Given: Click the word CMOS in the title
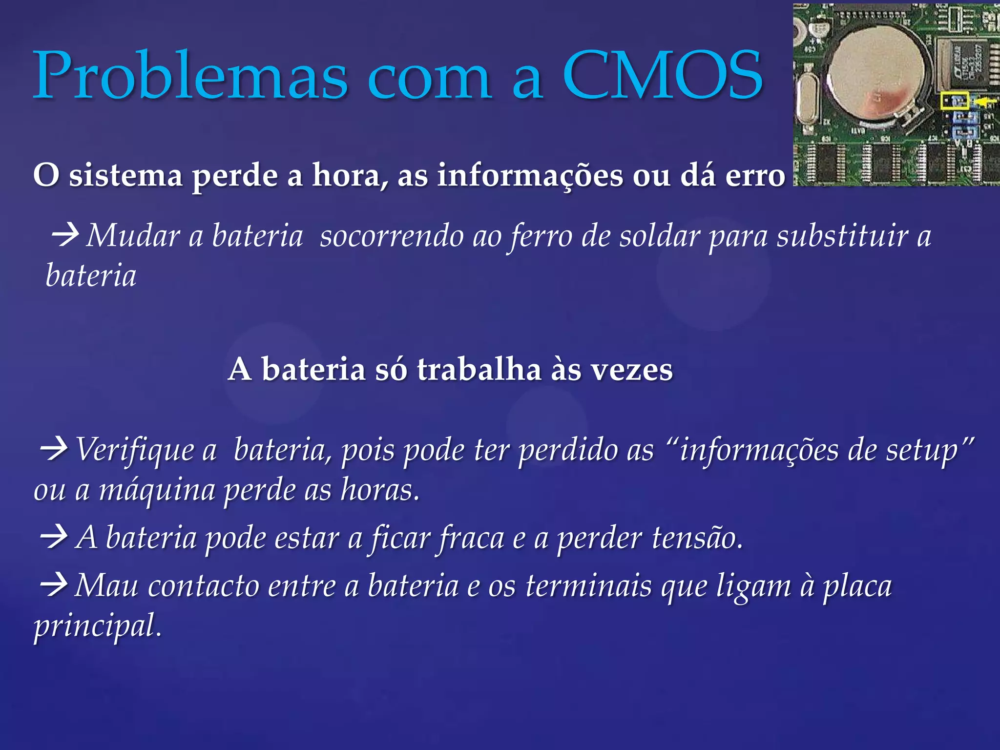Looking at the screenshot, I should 663,76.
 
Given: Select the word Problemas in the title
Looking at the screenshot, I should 190,76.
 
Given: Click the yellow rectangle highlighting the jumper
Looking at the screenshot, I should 955,101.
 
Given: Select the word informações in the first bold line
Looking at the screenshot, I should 530,176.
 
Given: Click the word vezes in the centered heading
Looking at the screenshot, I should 631,370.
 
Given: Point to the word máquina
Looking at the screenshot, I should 157,490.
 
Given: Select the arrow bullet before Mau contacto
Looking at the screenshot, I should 54,585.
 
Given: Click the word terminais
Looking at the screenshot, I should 588,586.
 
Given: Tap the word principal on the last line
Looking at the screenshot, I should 97,626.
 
